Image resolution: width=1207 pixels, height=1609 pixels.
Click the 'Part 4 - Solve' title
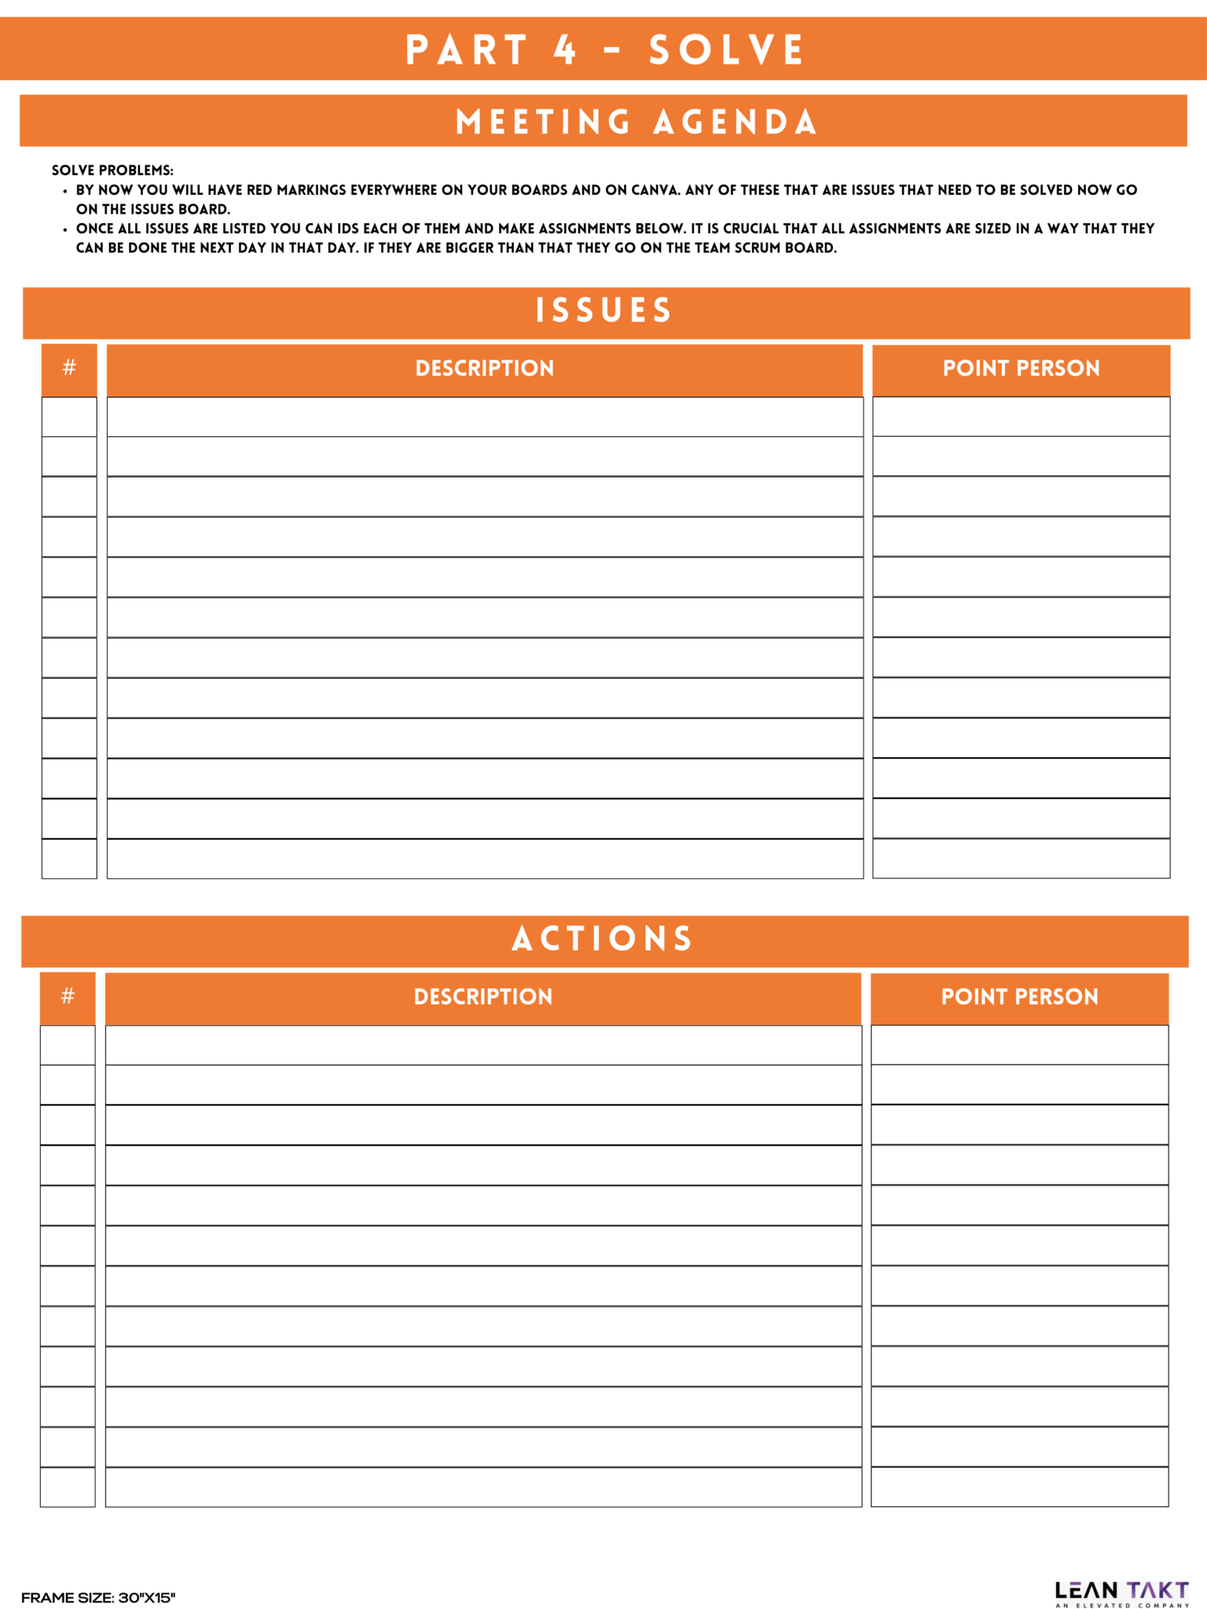[604, 49]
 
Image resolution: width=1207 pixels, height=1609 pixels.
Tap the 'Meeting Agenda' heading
[636, 122]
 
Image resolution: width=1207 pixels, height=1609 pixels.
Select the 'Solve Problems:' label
[112, 170]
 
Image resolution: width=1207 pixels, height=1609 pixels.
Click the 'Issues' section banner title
[603, 310]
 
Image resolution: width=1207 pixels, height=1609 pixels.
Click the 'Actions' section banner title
[603, 939]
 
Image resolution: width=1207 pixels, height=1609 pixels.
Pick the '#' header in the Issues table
[69, 368]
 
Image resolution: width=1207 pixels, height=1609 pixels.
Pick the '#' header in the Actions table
[68, 997]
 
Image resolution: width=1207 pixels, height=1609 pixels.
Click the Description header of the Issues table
[484, 368]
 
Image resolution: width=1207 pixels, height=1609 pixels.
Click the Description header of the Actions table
[482, 997]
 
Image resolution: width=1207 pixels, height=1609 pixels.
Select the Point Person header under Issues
[1021, 368]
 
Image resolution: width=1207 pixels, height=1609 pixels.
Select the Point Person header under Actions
[1019, 997]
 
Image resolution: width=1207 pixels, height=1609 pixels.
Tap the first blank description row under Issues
[484, 417]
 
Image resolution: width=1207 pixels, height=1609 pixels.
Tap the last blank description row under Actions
[482, 1487]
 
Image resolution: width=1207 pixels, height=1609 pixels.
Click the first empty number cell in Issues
[69, 417]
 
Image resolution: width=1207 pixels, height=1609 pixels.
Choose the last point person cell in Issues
[1021, 859]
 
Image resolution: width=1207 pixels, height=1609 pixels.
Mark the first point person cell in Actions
[1019, 1046]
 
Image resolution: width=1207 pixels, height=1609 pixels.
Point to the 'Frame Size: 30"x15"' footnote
[98, 1597]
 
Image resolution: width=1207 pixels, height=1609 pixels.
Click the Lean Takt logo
[1121, 1593]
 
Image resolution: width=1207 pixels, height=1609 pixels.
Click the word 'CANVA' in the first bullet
[655, 190]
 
